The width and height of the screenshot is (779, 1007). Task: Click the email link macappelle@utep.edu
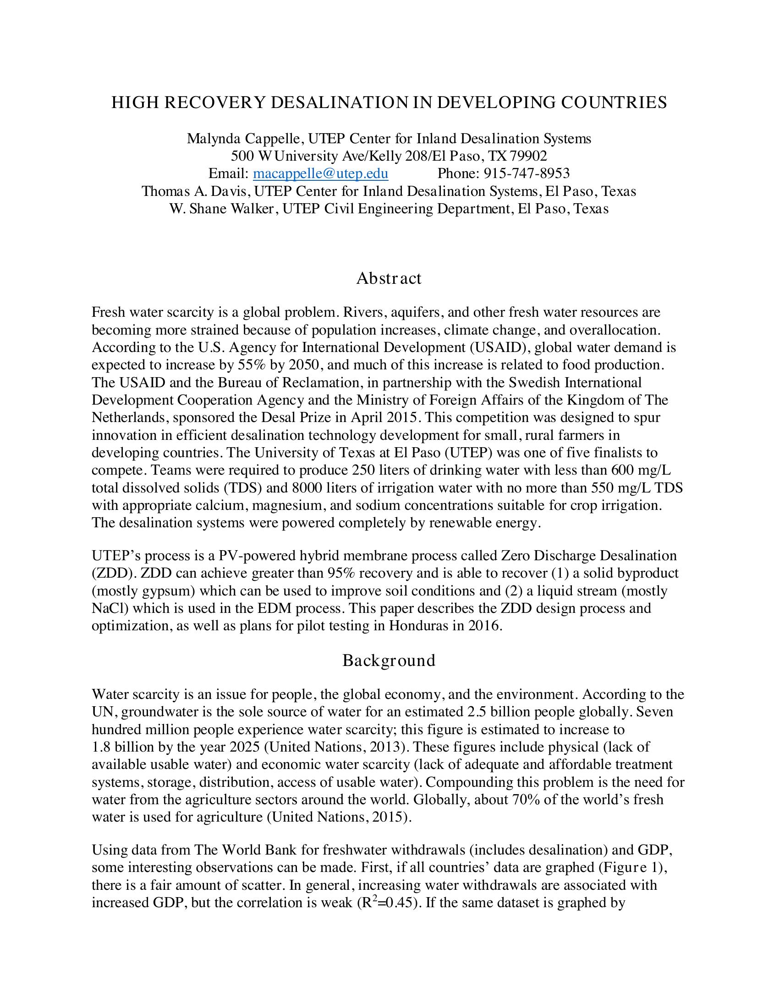coord(320,173)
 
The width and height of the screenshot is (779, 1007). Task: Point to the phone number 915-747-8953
coord(527,173)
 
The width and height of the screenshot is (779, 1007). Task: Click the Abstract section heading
coord(389,278)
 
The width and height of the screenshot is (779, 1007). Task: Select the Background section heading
coord(389,661)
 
